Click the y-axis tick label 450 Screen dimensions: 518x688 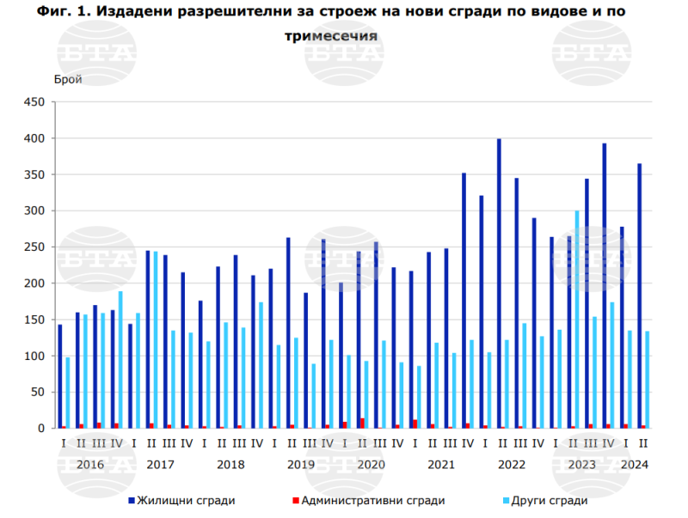pos(34,102)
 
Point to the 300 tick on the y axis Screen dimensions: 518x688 pos(34,210)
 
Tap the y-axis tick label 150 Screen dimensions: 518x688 pos(34,320)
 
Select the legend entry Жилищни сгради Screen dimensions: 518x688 pos(181,501)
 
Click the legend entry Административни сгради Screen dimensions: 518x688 pos(368,501)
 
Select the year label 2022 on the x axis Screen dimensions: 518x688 pos(511,465)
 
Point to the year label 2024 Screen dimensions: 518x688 pos(634,465)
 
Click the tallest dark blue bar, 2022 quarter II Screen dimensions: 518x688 pos(499,283)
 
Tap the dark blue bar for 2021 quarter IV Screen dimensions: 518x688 pos(464,301)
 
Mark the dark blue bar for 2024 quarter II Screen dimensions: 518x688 pos(639,296)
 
